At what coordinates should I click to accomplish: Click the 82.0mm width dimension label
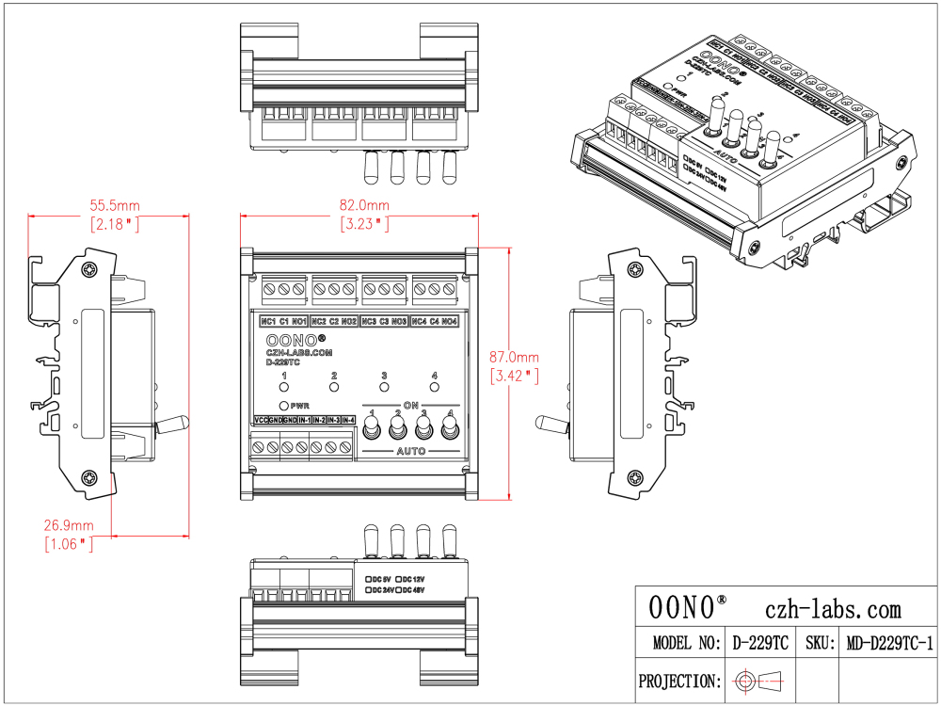coord(364,205)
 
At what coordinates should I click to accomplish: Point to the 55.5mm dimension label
coord(115,205)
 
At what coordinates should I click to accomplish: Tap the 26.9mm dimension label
coord(69,524)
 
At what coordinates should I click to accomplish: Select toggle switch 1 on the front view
coord(373,430)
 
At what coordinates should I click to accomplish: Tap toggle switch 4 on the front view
coord(450,430)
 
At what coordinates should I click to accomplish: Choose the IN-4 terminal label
coord(349,420)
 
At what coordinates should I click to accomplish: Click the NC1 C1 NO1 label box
coord(284,322)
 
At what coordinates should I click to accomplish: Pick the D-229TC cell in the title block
coord(760,643)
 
